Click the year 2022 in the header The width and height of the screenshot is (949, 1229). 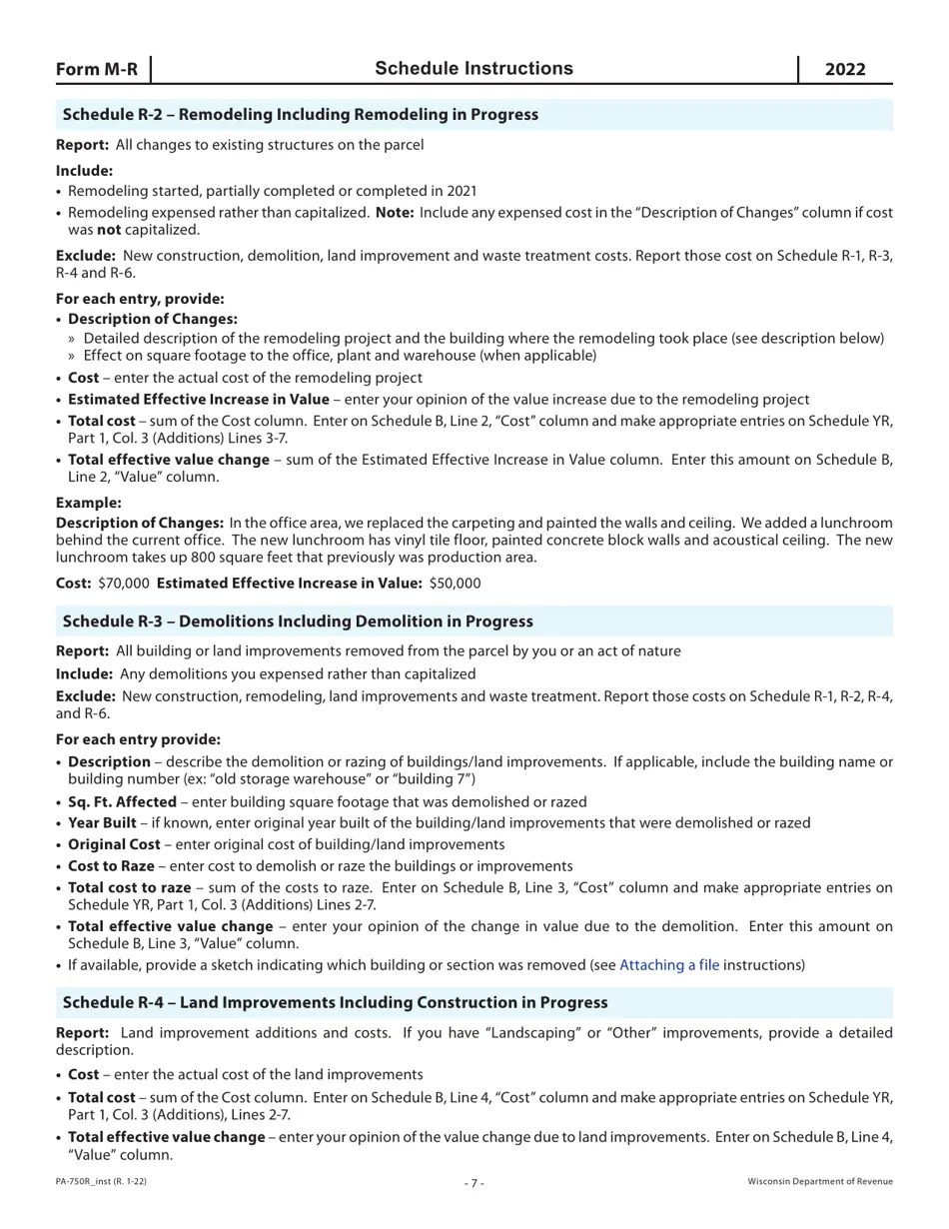point(845,69)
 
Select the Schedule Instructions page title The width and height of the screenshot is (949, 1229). point(474,68)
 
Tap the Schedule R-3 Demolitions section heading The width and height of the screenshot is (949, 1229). point(298,620)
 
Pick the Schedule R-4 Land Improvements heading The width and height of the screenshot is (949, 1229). point(335,1001)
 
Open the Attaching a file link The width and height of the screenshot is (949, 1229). point(668,965)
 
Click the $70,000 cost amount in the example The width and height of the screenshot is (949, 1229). point(124,583)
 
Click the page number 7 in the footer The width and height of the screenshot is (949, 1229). point(474,1183)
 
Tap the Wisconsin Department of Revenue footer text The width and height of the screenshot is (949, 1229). point(820,1181)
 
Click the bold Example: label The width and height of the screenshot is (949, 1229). point(88,503)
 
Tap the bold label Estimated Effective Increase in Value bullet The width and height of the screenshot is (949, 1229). point(198,399)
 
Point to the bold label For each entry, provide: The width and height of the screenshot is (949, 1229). point(140,299)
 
